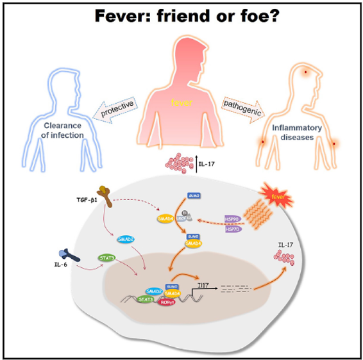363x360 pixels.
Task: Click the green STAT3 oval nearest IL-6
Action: (x=106, y=258)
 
